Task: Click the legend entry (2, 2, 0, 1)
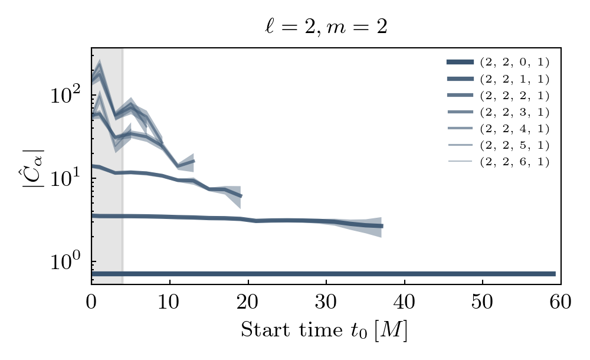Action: tap(514, 61)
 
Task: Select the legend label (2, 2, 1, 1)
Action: tap(514, 78)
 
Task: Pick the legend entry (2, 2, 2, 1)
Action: tap(514, 95)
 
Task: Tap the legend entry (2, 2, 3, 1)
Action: tap(514, 112)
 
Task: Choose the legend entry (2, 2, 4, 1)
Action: tap(514, 128)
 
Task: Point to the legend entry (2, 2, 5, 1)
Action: tap(514, 145)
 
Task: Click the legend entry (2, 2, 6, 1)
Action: tap(514, 161)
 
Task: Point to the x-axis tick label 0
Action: tap(91, 302)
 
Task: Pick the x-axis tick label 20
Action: tap(248, 302)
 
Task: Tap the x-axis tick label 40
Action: tap(404, 302)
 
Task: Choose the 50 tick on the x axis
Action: tap(483, 302)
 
